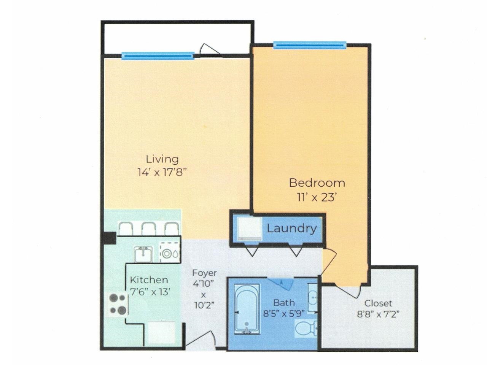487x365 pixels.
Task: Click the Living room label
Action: (x=162, y=159)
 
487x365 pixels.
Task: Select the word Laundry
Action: (x=291, y=229)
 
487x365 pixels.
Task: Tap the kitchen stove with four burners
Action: (x=118, y=304)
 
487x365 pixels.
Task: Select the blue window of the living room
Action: (x=158, y=56)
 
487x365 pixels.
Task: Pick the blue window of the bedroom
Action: (x=310, y=45)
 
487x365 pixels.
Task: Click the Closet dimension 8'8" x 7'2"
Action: (x=380, y=314)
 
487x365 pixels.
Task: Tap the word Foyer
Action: (x=204, y=273)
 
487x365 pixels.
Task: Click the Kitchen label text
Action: (x=149, y=280)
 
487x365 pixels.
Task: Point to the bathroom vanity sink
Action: (x=313, y=298)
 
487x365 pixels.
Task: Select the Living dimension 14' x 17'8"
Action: (x=161, y=172)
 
